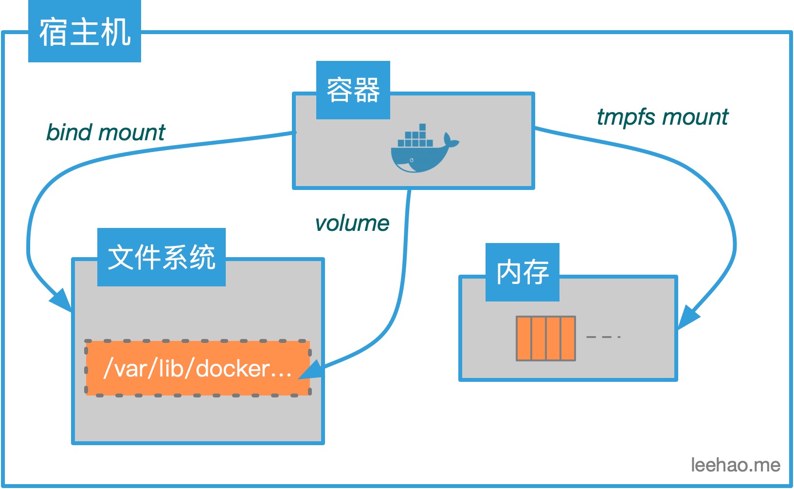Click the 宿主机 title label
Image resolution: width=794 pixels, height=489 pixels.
click(85, 32)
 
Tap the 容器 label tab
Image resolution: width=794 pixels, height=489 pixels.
click(353, 90)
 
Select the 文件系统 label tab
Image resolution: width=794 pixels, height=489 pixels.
click(161, 257)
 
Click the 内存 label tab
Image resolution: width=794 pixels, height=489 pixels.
click(522, 272)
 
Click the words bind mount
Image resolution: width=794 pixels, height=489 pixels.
click(106, 132)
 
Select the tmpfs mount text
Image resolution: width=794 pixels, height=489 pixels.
click(662, 117)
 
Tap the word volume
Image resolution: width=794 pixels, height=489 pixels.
click(352, 224)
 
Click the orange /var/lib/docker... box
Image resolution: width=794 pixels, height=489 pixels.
click(198, 368)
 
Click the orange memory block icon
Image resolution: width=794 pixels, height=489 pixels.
click(545, 339)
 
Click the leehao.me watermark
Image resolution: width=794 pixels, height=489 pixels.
click(735, 465)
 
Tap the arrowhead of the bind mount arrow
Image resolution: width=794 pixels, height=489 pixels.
click(62, 300)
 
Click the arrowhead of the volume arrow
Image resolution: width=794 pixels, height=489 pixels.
click(311, 370)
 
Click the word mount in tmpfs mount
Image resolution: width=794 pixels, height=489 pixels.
click(695, 117)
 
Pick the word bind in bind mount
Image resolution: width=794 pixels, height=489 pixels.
click(69, 132)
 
